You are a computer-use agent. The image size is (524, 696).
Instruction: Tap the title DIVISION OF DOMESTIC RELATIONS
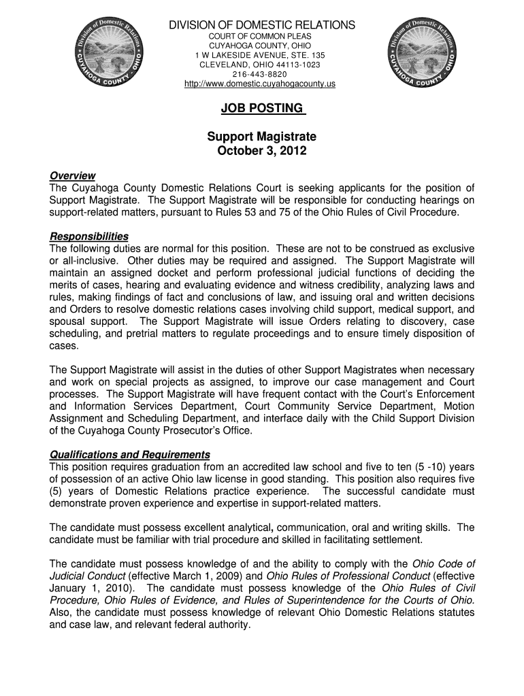(262, 25)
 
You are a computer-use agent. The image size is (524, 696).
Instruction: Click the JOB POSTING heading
(262, 109)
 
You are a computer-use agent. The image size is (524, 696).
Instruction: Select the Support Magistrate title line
(262, 137)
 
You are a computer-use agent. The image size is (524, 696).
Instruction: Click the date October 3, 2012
(262, 151)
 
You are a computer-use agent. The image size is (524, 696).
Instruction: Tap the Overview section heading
(72, 176)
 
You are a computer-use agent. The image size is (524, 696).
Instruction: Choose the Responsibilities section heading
(89, 236)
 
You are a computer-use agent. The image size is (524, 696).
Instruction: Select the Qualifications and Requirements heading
(130, 454)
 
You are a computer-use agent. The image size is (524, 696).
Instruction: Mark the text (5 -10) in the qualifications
(423, 466)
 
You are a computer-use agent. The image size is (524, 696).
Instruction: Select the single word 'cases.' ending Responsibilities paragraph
(64, 345)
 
